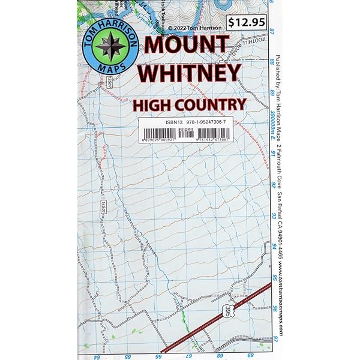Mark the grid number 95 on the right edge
point(274,277)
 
